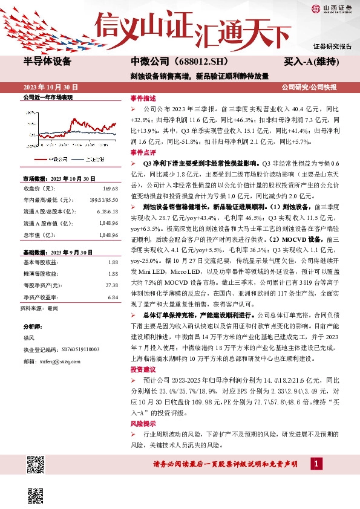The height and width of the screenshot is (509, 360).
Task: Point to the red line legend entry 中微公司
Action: click(59, 159)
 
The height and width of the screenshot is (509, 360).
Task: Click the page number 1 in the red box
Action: click(315, 463)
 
